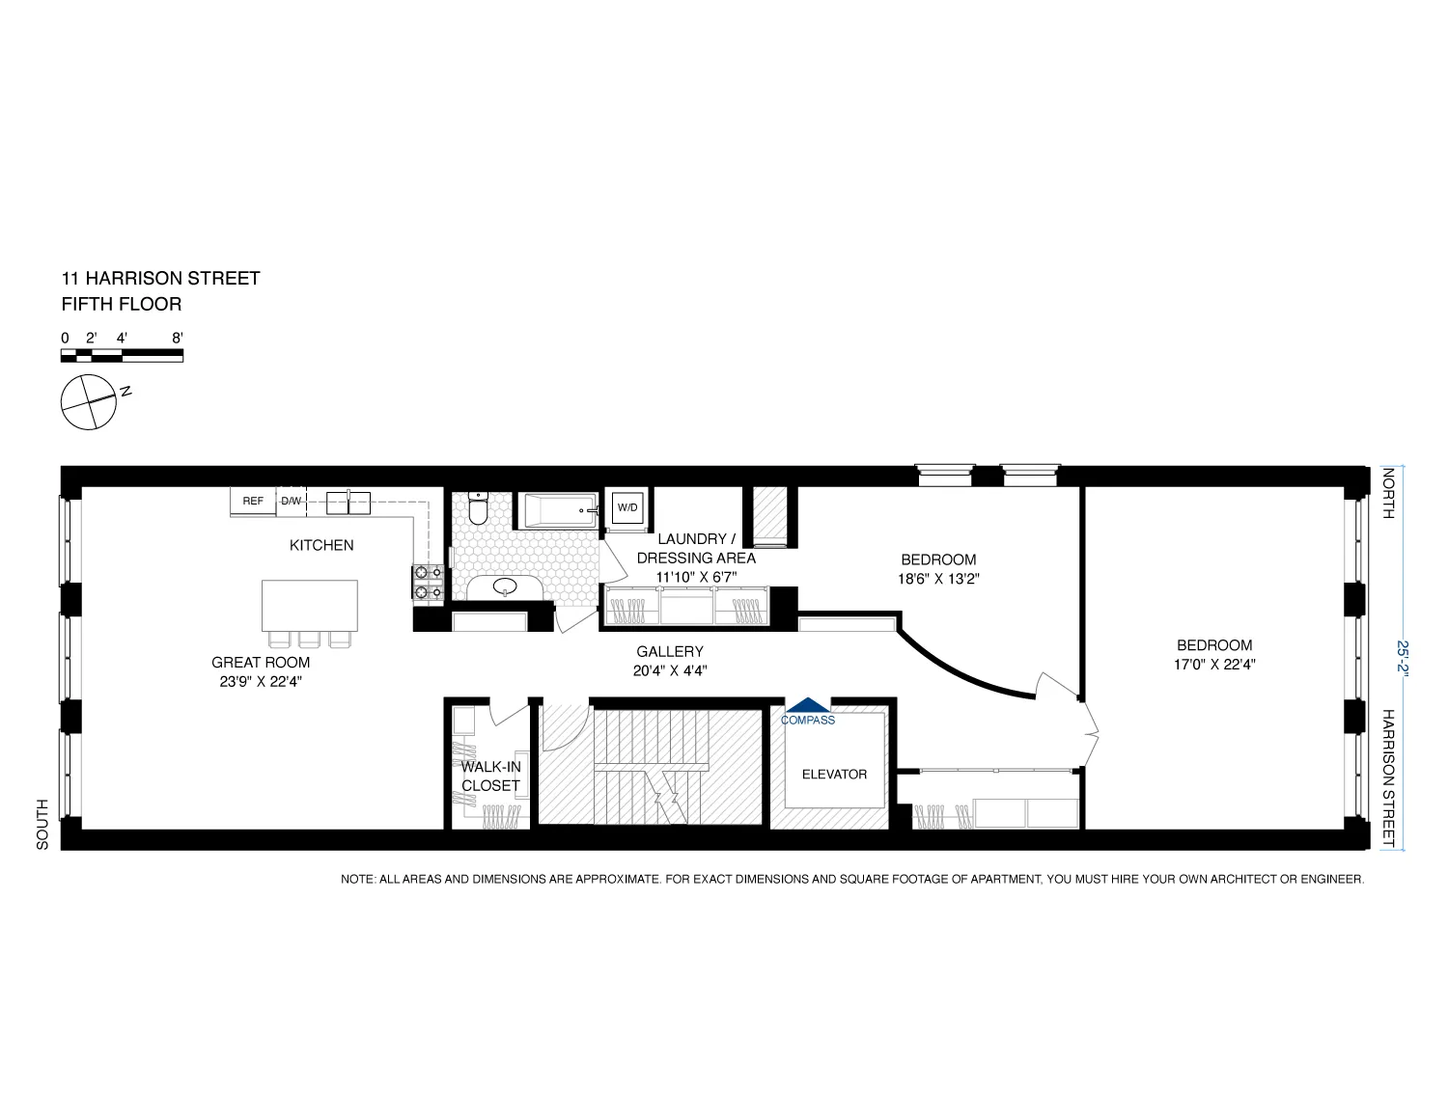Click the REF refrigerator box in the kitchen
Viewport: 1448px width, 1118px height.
253,502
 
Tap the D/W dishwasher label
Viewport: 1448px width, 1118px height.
291,502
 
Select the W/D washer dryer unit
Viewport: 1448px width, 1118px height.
627,507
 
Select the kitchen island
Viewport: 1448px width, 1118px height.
310,605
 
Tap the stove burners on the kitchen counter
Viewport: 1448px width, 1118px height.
428,583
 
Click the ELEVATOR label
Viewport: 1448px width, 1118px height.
834,774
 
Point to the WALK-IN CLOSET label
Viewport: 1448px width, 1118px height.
490,777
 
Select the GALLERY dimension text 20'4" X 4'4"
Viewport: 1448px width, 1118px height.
670,670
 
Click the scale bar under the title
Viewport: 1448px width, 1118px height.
122,355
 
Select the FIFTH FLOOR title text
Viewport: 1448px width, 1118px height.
121,304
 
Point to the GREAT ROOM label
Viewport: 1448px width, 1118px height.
261,663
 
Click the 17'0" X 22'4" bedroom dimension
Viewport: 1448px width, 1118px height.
1214,664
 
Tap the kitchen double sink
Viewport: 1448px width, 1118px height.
348,502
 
